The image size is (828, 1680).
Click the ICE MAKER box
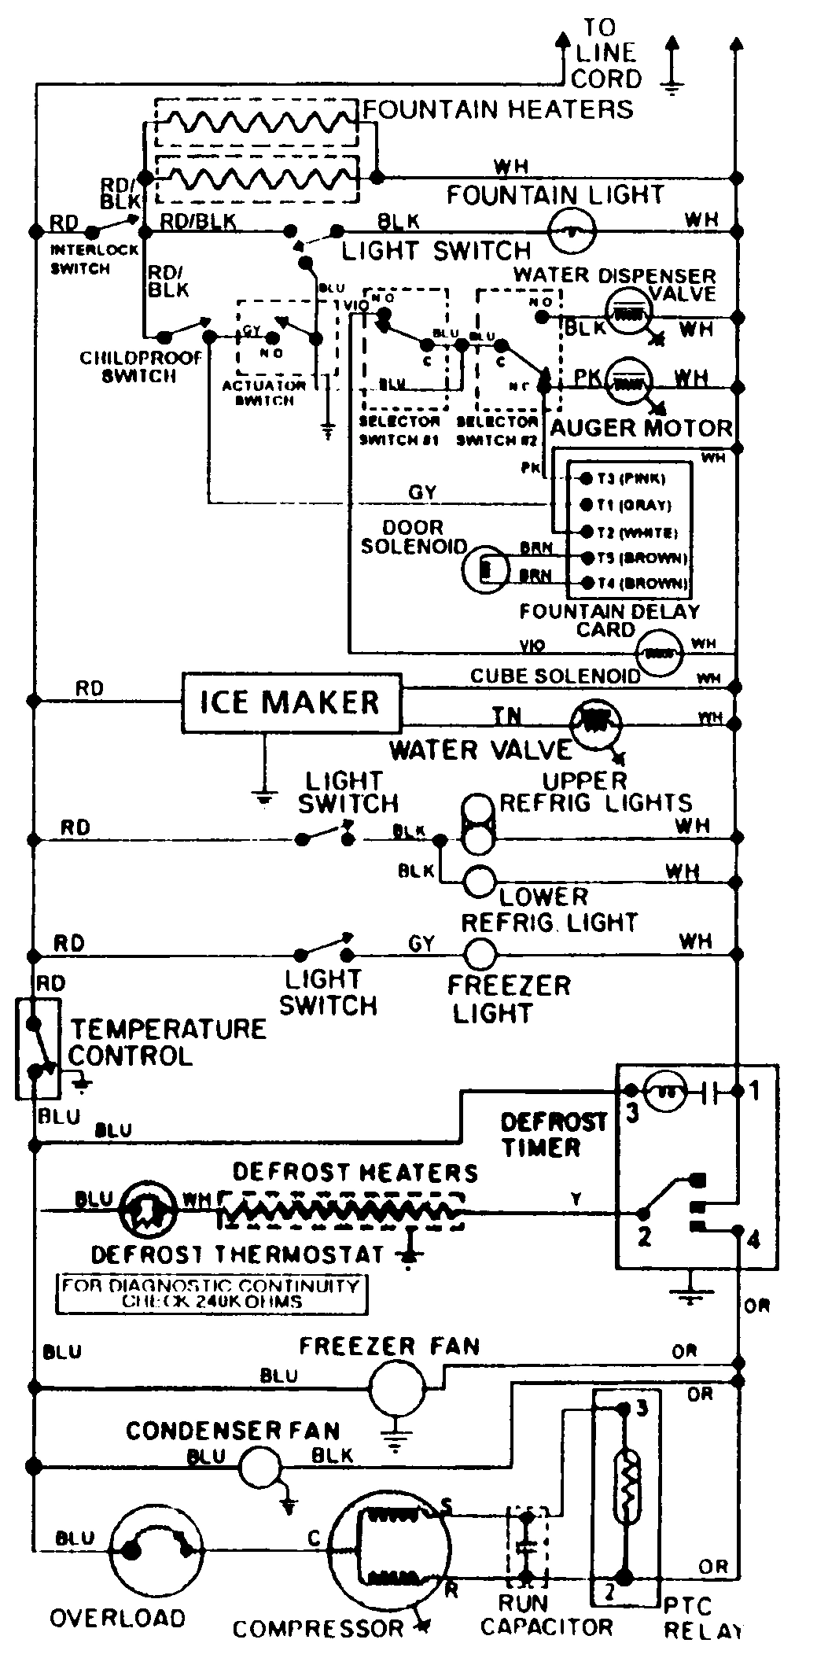tap(291, 702)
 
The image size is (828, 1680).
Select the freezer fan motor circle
tap(397, 1390)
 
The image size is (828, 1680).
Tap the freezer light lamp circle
tap(480, 955)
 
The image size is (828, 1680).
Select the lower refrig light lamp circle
tap(480, 881)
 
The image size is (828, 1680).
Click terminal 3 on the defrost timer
tap(631, 1091)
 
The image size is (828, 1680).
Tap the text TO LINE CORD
tap(605, 53)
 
